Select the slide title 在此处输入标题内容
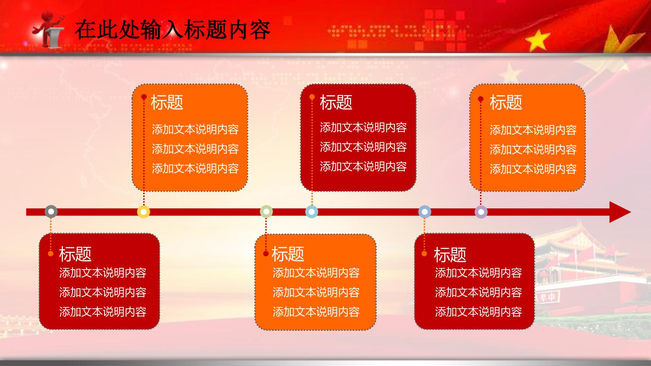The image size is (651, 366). coord(173,30)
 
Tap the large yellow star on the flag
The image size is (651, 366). coord(537,40)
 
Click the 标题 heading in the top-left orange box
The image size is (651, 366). coord(167,102)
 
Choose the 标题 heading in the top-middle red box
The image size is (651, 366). coord(336,102)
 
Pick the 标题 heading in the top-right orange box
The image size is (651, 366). coord(506,102)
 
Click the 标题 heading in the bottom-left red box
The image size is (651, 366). coord(75,254)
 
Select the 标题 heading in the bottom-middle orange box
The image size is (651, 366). coord(288,254)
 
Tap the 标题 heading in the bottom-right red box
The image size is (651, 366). coord(450,255)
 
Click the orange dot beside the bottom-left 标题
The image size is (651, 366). coord(51,254)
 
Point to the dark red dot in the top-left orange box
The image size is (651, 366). coord(144,97)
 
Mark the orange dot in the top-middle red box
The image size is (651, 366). coord(312,97)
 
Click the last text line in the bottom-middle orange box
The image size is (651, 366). coord(316,312)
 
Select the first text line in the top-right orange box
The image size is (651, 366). coord(533,130)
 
